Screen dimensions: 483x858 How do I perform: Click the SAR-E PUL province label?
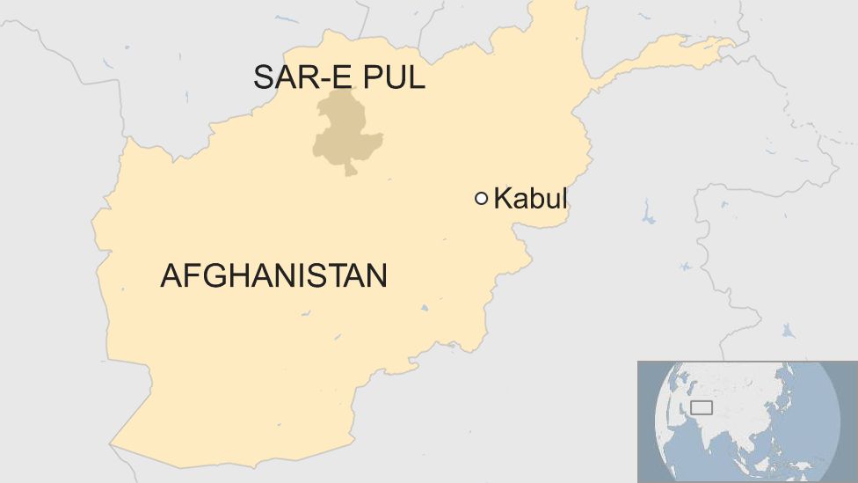pyautogui.click(x=338, y=77)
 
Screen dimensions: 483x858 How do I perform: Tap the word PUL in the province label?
pyautogui.click(x=395, y=77)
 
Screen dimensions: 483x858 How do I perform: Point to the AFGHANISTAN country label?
pyautogui.click(x=273, y=276)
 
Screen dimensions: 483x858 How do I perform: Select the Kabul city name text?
pyautogui.click(x=530, y=199)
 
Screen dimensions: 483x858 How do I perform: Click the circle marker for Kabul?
pyautogui.click(x=481, y=199)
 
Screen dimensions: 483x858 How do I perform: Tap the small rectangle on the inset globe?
pyautogui.click(x=701, y=407)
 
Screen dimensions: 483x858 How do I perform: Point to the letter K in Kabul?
pyautogui.click(x=502, y=199)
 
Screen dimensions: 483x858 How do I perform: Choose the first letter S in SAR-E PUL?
pyautogui.click(x=264, y=77)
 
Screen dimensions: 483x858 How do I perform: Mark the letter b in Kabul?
pyautogui.click(x=538, y=199)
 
